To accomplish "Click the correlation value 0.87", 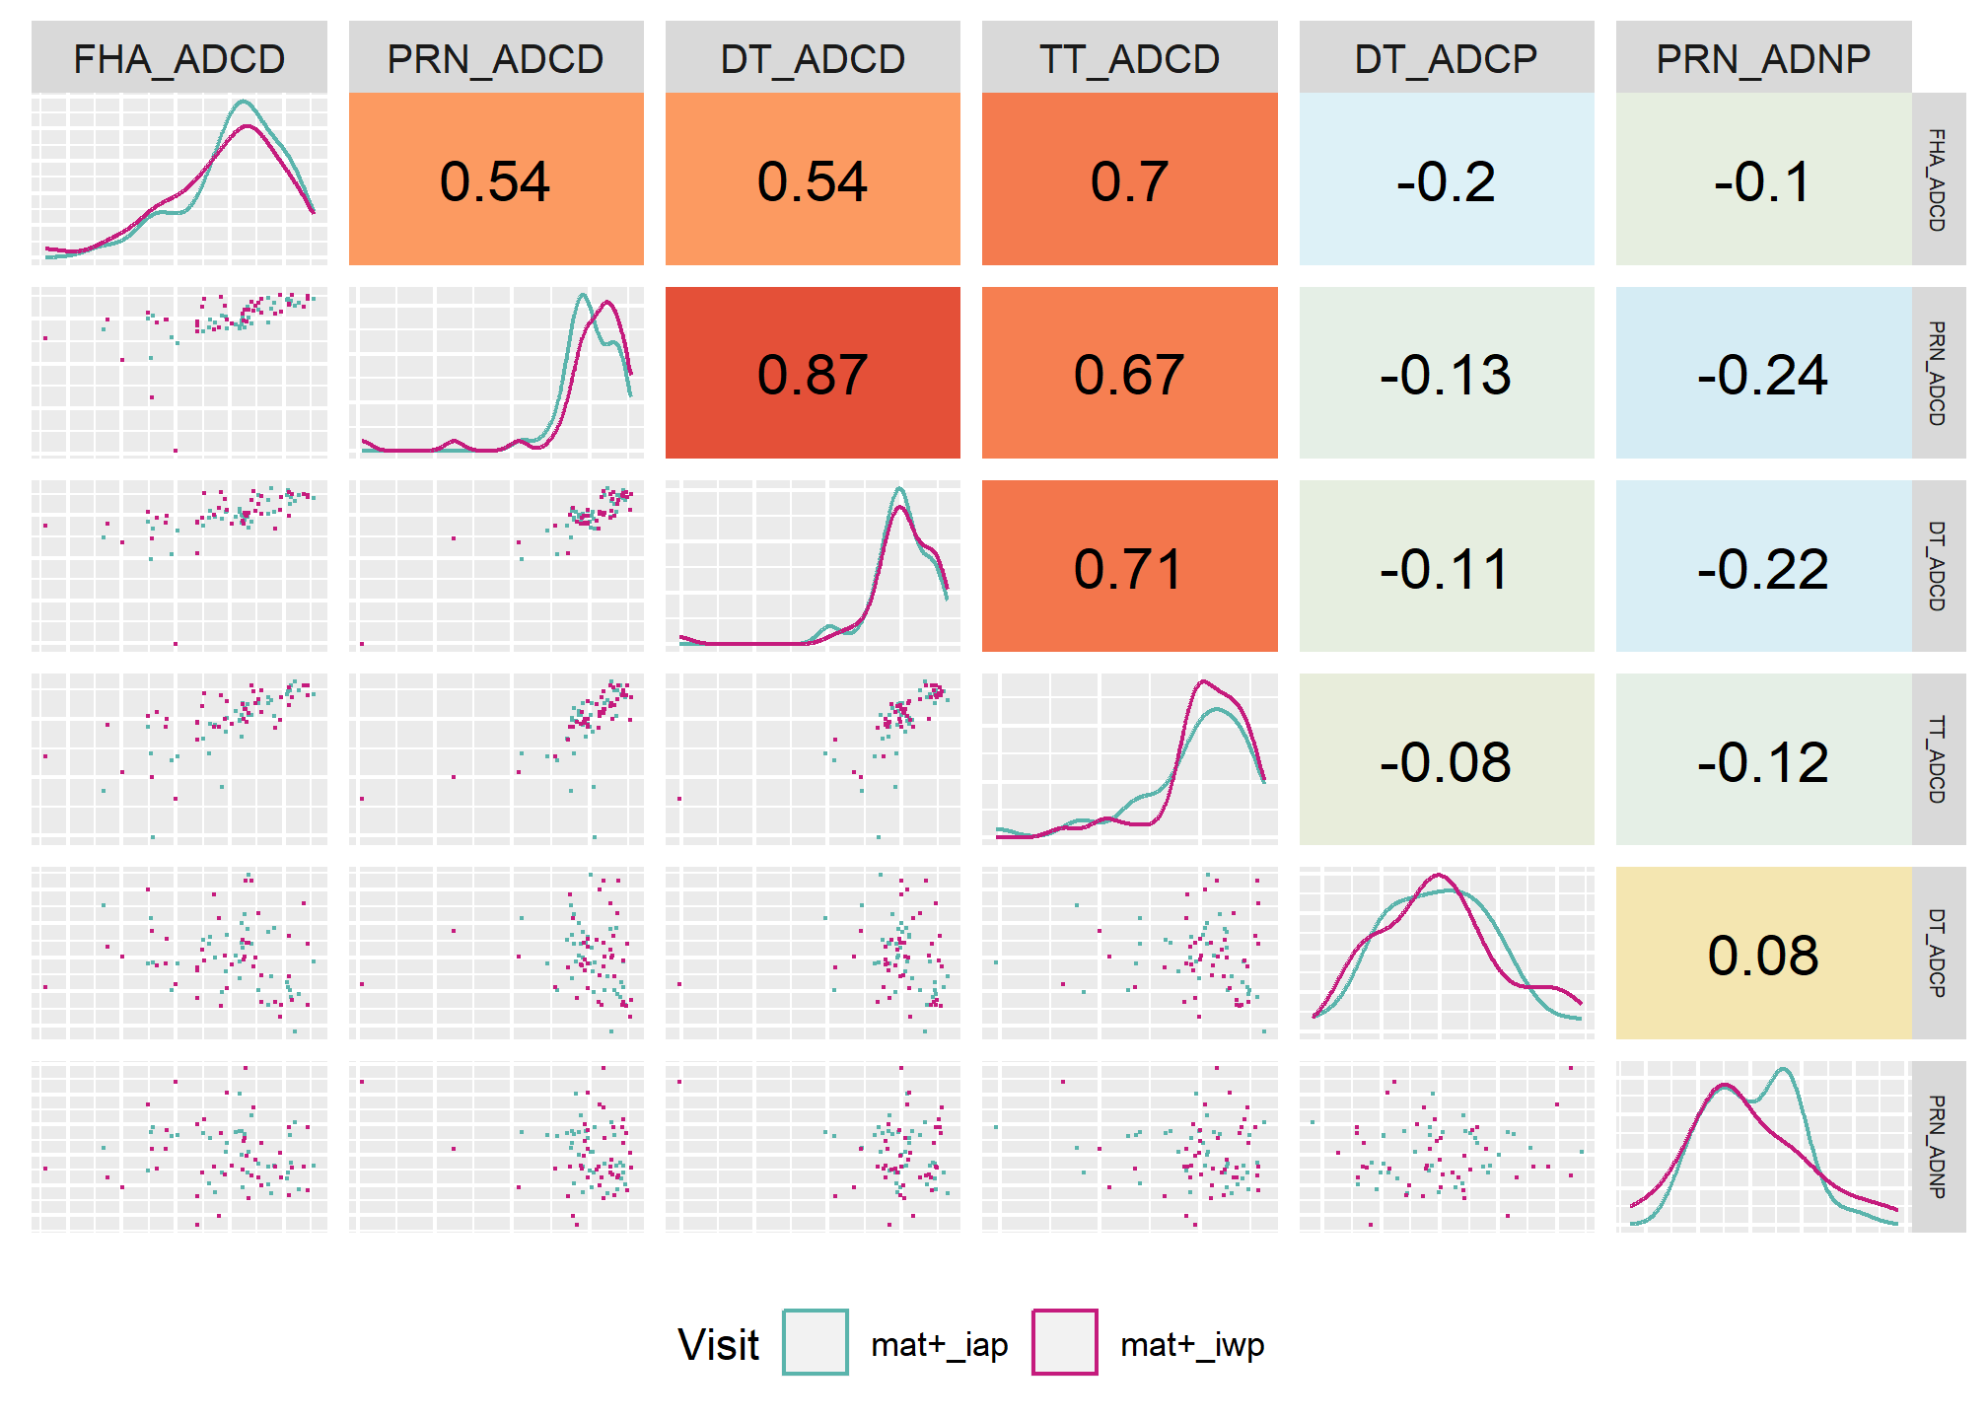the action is tap(812, 375).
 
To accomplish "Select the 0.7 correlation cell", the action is tap(1129, 178).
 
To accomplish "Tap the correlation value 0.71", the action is tap(1129, 569).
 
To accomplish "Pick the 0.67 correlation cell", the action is tap(1129, 373).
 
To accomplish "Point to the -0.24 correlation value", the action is tap(1763, 375).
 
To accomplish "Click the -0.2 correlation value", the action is tap(1446, 181).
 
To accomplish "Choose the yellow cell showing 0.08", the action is tap(1763, 953).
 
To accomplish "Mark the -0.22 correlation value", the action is tap(1763, 569).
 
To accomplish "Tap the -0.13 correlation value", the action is tap(1446, 375).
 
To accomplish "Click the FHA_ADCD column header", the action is tap(179, 58).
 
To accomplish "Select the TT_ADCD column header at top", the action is tap(1129, 58).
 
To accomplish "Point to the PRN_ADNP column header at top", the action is tap(1763, 58).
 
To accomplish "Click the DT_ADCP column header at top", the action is tap(1446, 58).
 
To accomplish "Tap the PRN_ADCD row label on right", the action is tap(1938, 373).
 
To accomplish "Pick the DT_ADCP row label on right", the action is tap(1938, 953).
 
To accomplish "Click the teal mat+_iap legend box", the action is tap(815, 1342).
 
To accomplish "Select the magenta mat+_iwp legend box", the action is tap(1065, 1342).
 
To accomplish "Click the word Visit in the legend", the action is tap(718, 1344).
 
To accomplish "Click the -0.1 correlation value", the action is tap(1763, 181).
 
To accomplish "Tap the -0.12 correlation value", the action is tap(1763, 762).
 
